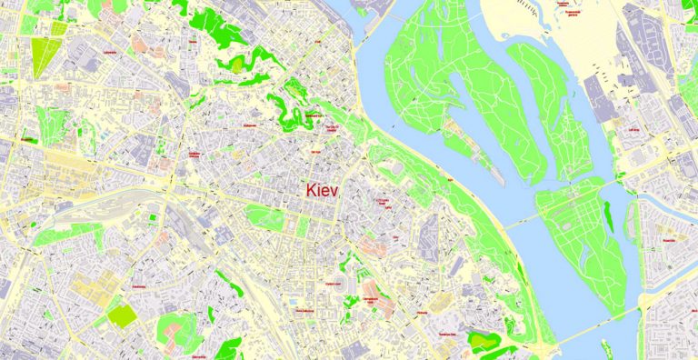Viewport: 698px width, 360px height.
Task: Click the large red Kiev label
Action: (x=322, y=191)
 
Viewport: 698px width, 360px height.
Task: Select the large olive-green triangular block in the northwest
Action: (x=43, y=56)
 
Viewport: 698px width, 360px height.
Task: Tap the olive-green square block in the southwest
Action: (x=122, y=315)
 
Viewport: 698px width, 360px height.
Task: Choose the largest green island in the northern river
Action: (x=427, y=91)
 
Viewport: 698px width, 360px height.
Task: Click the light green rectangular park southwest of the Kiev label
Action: (x=264, y=216)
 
